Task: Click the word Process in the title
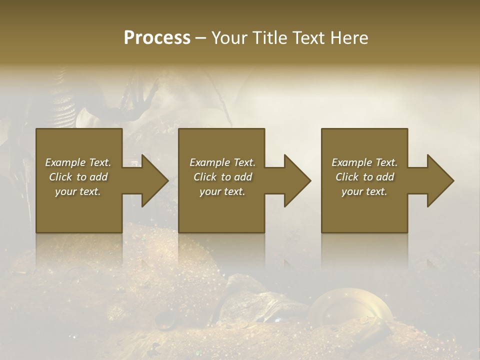click(157, 38)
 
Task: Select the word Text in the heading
click(306, 38)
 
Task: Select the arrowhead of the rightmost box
click(439, 180)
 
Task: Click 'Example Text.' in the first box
click(78, 162)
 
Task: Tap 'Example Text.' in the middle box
click(222, 162)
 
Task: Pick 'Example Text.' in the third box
click(364, 162)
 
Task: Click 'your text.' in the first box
click(78, 191)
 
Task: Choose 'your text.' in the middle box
click(222, 191)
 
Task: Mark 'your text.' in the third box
click(364, 191)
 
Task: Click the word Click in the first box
click(60, 177)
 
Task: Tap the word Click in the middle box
click(205, 177)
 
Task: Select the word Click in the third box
click(347, 177)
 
